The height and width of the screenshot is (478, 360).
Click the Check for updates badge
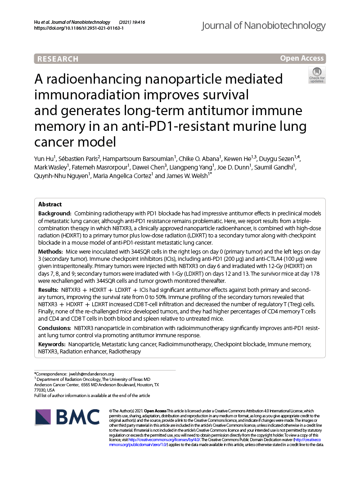tap(317, 75)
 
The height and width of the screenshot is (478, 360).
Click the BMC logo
tap(67, 417)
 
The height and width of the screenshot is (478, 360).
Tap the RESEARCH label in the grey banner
tap(58, 59)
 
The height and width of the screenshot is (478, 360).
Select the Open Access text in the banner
tap(301, 58)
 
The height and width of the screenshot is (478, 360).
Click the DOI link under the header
tap(79, 28)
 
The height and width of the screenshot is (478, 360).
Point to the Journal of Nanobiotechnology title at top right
tap(263, 26)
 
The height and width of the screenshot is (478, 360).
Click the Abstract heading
tap(51, 204)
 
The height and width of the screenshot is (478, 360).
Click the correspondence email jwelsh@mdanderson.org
tap(91, 374)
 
